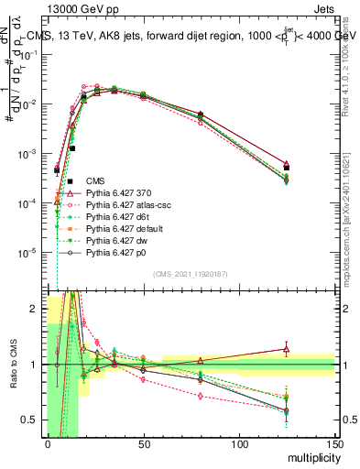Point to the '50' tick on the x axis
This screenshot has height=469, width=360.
point(142,443)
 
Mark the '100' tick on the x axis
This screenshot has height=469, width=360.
point(238,443)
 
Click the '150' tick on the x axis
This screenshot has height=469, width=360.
point(333,443)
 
